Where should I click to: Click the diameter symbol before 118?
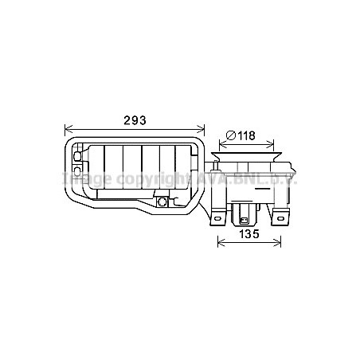(229, 135)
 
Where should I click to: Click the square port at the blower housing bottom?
(162, 203)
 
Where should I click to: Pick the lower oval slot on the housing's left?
(76, 169)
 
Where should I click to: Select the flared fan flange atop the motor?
(249, 155)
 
